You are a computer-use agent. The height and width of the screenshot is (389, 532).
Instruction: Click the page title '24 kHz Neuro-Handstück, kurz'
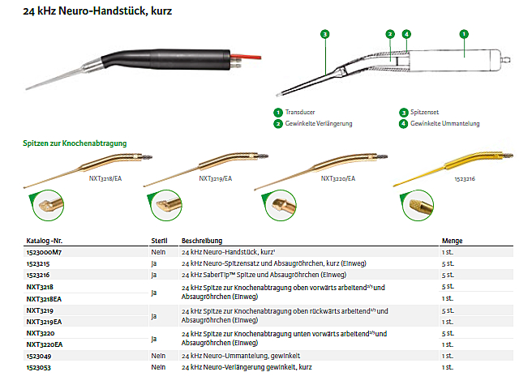[97, 11]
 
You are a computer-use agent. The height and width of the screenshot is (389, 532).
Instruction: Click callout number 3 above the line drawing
[325, 34]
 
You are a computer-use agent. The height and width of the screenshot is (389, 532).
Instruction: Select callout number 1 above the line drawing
[464, 34]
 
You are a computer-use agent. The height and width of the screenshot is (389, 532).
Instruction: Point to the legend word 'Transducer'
[300, 113]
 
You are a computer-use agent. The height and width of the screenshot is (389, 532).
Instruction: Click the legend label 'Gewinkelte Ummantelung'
[444, 124]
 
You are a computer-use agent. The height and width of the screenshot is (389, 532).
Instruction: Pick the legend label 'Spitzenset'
[424, 113]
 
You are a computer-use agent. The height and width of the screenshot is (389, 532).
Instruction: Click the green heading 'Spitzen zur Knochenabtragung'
[75, 143]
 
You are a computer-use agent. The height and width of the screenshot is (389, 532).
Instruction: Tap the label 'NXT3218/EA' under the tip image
[105, 179]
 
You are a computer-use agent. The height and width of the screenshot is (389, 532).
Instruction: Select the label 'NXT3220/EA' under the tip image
[338, 179]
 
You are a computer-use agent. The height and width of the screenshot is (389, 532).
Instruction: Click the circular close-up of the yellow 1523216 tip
[418, 206]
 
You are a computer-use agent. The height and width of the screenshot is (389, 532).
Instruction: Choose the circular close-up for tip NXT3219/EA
[165, 206]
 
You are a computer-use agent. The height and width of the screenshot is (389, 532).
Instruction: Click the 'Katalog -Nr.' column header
[45, 241]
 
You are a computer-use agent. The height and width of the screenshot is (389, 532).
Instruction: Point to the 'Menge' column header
[452, 241]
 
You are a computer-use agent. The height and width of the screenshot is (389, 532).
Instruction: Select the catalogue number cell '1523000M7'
[44, 252]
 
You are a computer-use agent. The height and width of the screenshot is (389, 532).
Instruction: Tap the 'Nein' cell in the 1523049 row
[158, 356]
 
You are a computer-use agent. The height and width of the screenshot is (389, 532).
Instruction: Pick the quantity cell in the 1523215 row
[448, 263]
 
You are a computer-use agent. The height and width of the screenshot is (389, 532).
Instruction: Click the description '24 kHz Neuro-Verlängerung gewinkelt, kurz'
[247, 367]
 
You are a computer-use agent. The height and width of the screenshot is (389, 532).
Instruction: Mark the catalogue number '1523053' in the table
[39, 368]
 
